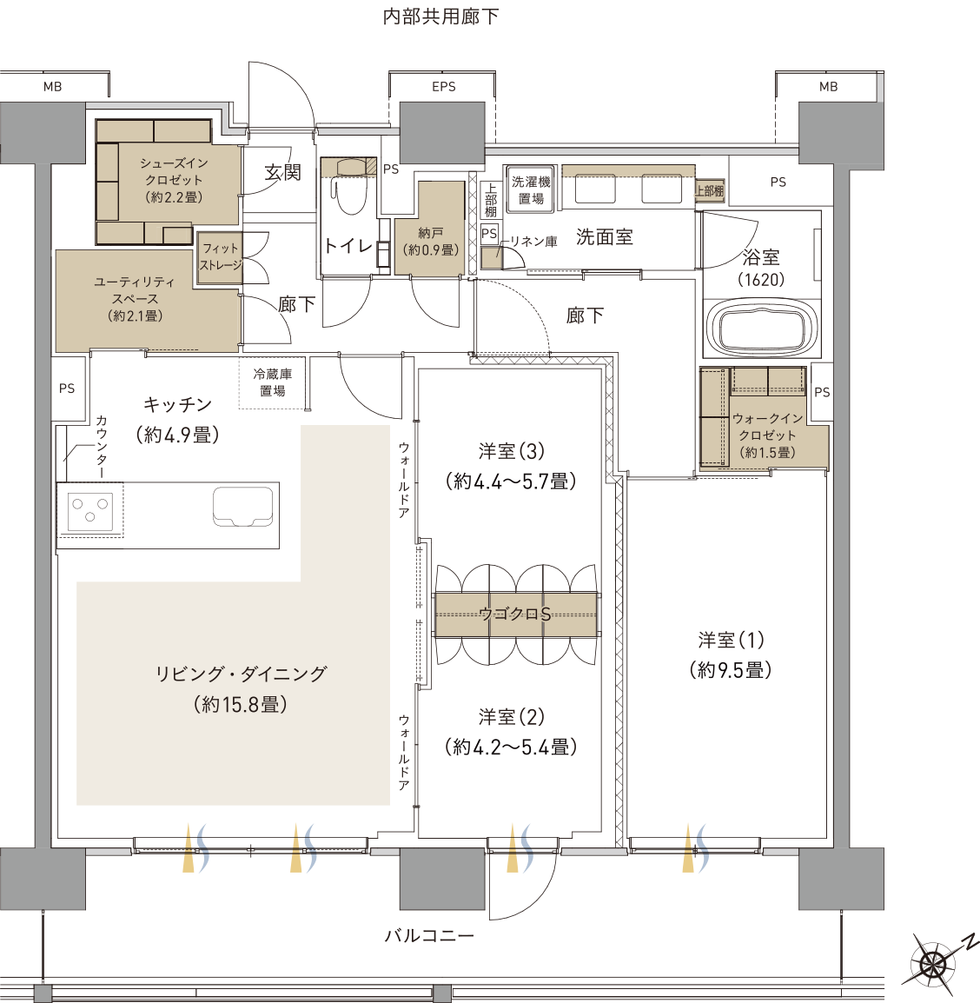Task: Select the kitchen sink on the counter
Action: (x=242, y=507)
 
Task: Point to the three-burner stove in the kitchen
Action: (x=90, y=510)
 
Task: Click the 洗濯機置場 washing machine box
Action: (x=531, y=187)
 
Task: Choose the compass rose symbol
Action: (x=935, y=960)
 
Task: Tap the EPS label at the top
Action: (x=444, y=86)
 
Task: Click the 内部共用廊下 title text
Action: (x=440, y=17)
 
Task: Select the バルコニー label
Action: (x=429, y=935)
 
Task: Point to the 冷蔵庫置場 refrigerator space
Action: (x=272, y=382)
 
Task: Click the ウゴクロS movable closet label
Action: (x=514, y=614)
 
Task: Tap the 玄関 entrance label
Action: (x=282, y=172)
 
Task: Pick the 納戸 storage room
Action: (x=429, y=229)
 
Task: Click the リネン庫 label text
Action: (x=533, y=241)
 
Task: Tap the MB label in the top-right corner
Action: (x=828, y=86)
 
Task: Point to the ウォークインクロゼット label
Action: (x=767, y=435)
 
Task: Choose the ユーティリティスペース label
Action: (x=135, y=298)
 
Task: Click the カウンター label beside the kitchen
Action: (x=101, y=447)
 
